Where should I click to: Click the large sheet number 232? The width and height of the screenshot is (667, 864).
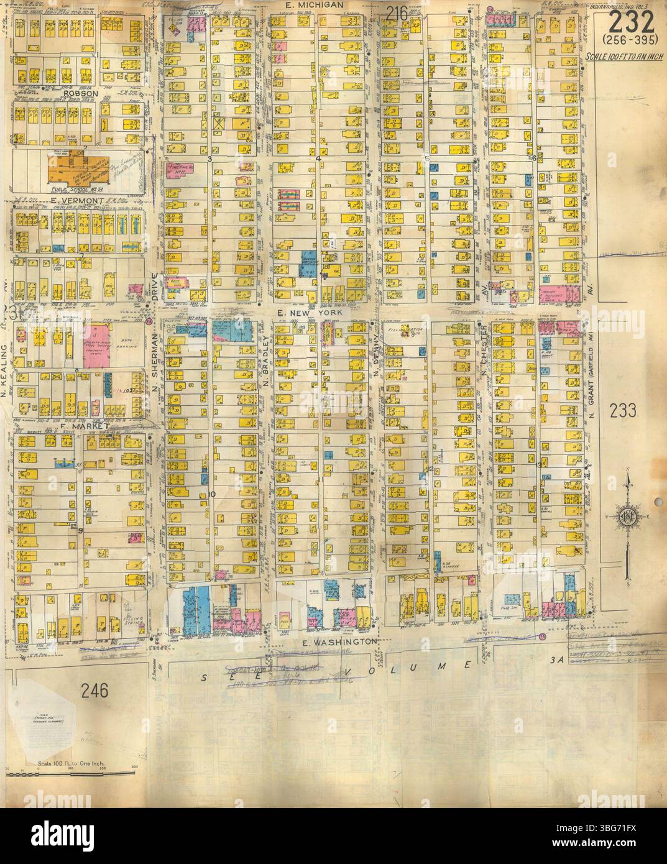pos(630,24)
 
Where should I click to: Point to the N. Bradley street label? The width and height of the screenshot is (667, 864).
pos(265,361)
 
